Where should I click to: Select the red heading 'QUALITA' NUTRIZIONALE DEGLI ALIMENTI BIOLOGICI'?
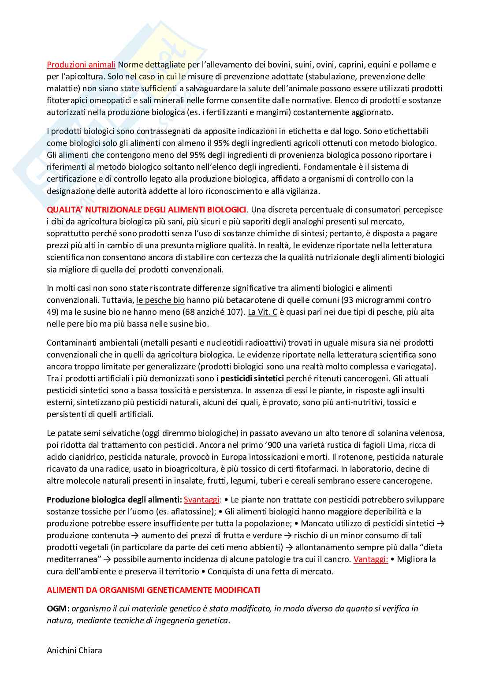pos(146,210)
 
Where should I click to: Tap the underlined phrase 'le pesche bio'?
pos(160,300)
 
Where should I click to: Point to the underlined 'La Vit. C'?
pos(262,312)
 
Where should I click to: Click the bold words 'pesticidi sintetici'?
pos(252,378)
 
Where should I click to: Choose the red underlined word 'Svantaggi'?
pos(201,500)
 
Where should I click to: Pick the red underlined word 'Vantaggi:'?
pos(371,559)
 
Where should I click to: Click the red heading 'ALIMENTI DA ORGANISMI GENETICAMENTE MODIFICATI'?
pos(153,590)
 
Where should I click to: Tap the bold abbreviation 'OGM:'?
pos(58,609)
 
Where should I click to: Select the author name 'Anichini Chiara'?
pos(75,650)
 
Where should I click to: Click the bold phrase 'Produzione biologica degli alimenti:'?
pos(114,500)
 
